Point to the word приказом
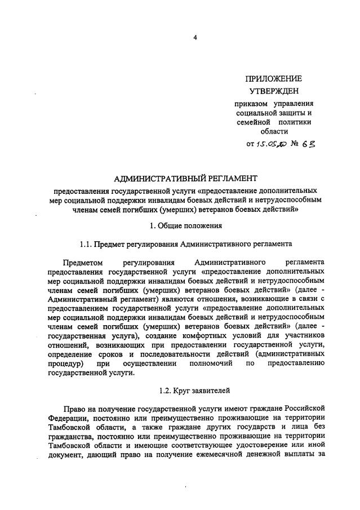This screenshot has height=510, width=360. pos(251,104)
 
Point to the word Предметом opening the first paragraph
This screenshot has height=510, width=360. pos(84,263)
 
